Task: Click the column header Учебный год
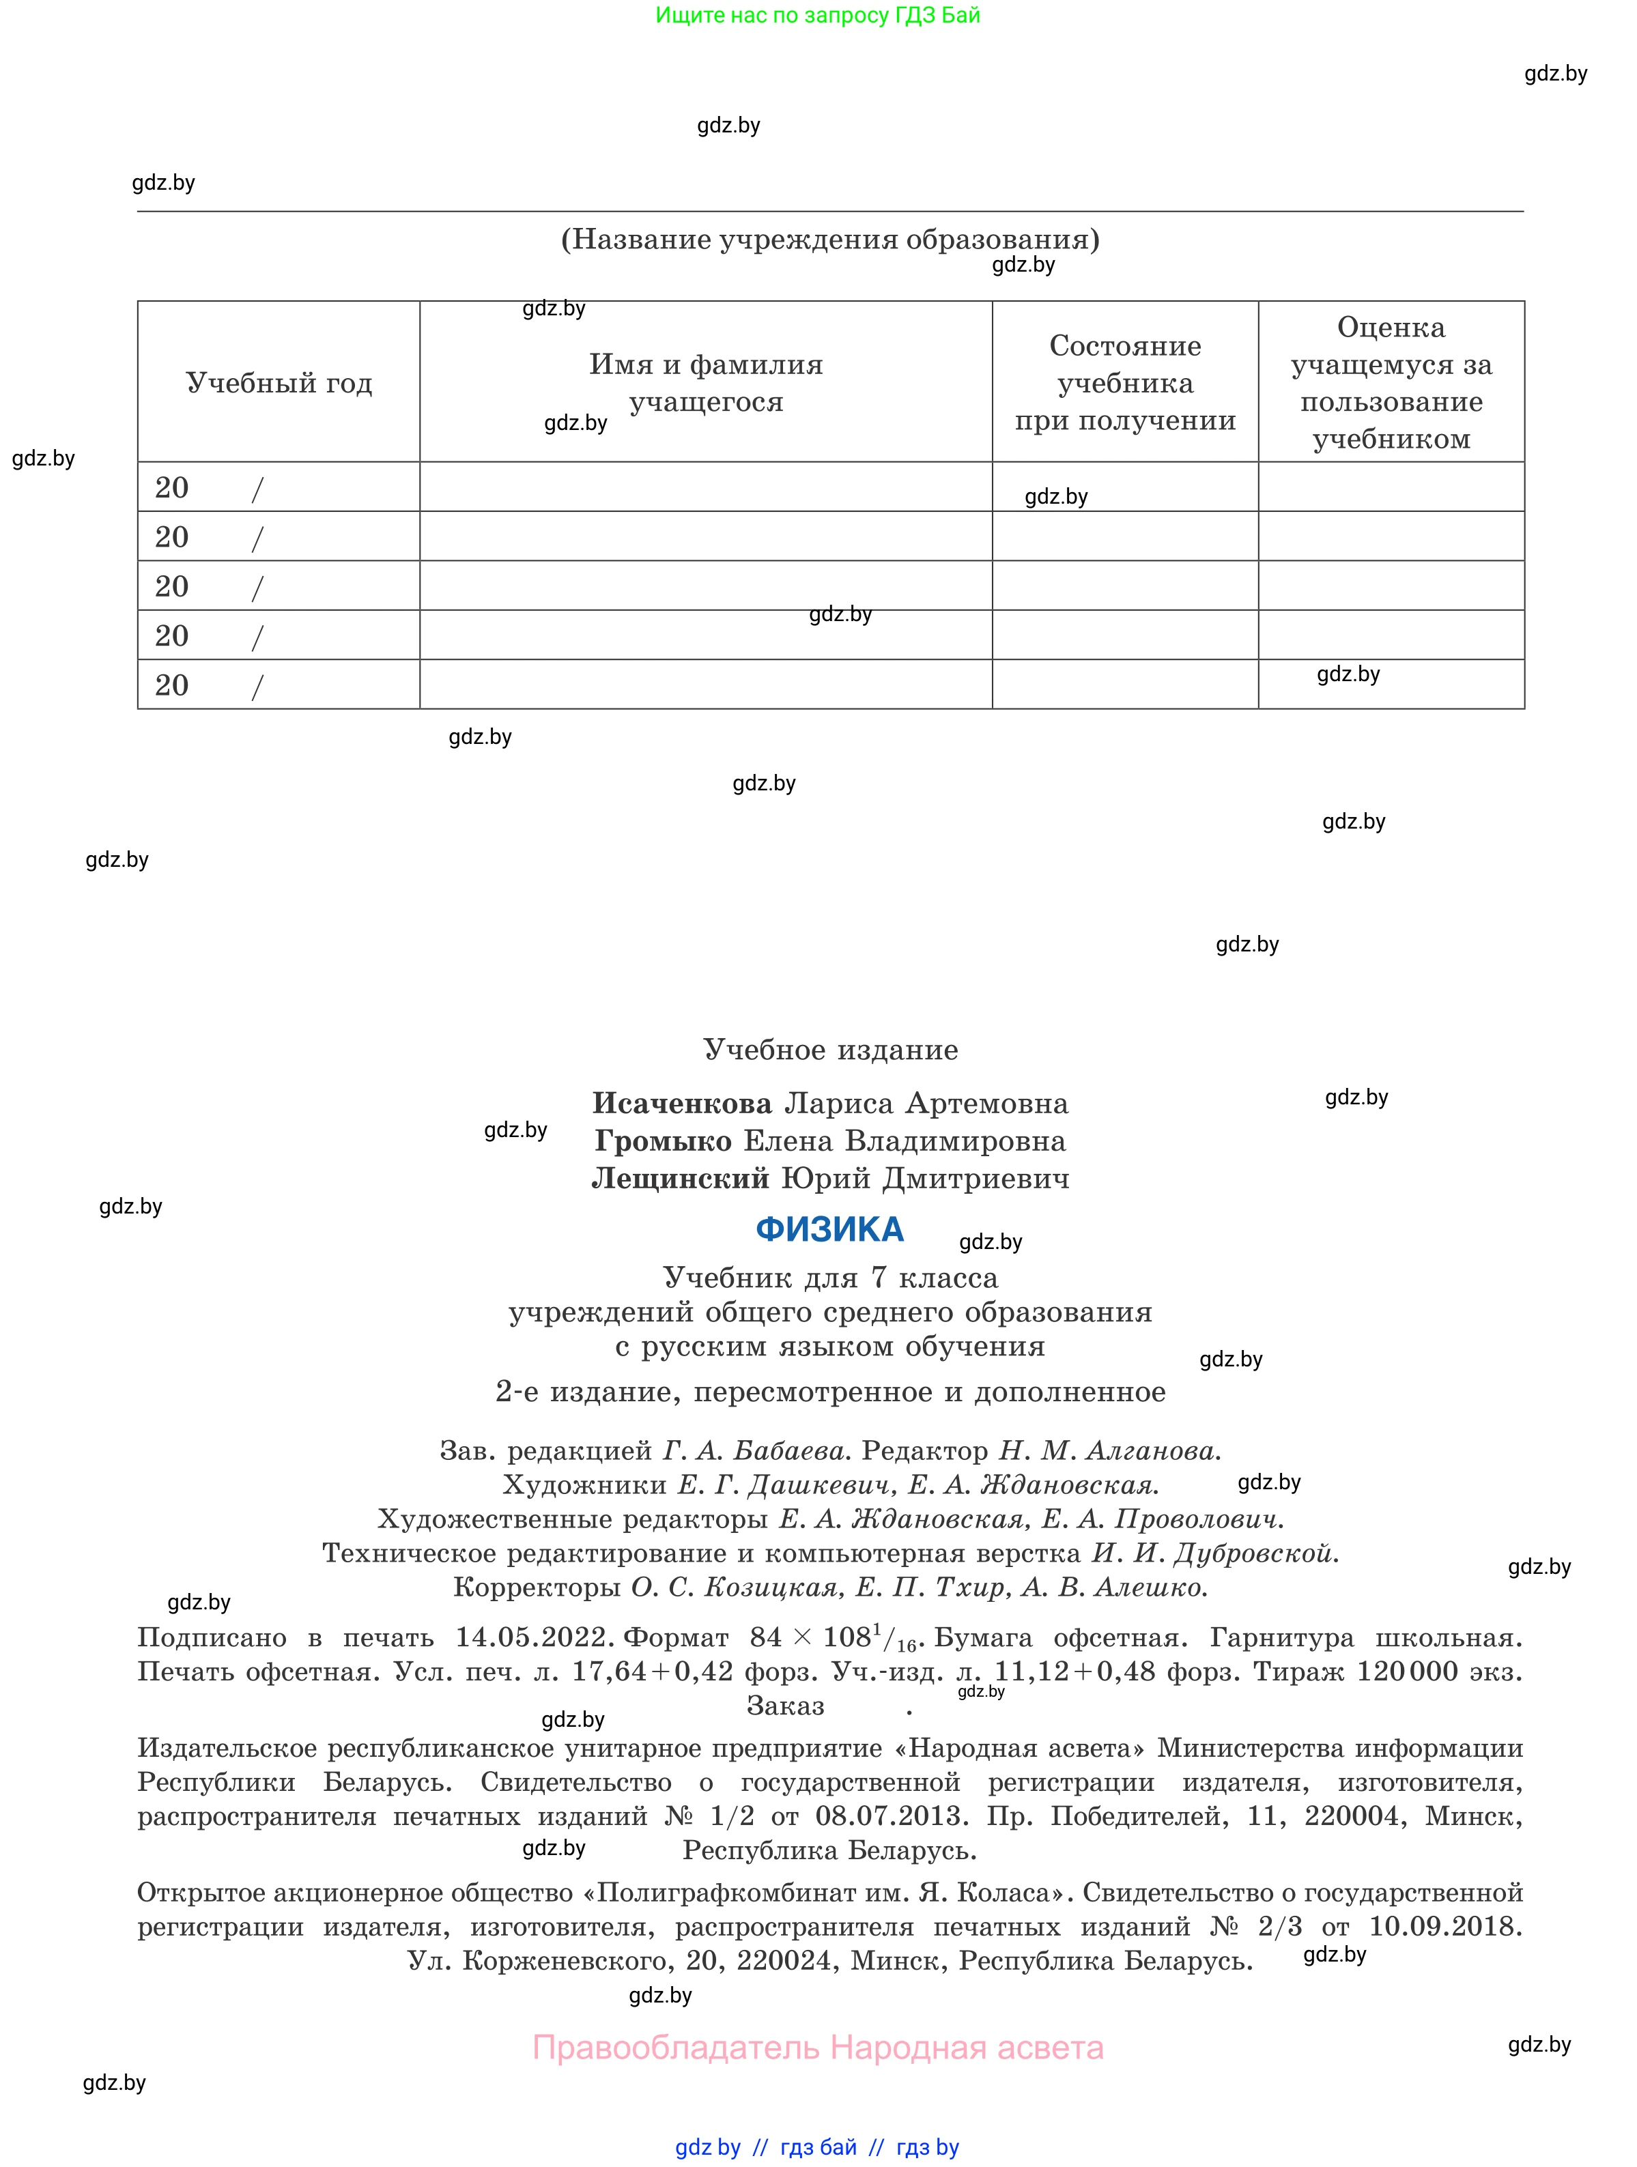click(279, 383)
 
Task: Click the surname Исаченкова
click(682, 1104)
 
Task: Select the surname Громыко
click(664, 1141)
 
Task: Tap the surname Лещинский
click(681, 1179)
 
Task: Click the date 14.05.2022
click(535, 1638)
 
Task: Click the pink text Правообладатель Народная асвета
click(818, 2048)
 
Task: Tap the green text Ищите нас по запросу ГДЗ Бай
click(818, 16)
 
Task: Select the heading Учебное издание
click(830, 1050)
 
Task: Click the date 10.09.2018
click(1445, 1927)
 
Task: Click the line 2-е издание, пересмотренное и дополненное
click(830, 1392)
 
